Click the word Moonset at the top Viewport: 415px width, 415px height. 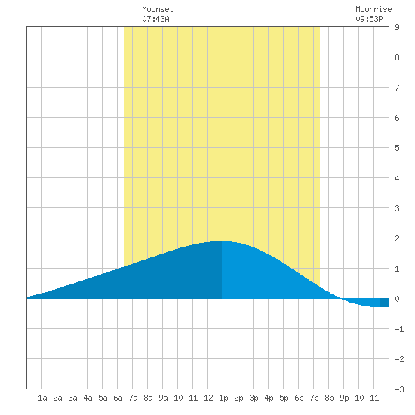(x=158, y=9)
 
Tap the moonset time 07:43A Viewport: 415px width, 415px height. (x=155, y=19)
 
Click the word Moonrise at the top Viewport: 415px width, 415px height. (x=373, y=9)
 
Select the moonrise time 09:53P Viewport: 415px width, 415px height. (x=369, y=19)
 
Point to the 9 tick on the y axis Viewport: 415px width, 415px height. (x=397, y=27)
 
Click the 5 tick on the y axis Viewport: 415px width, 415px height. (x=397, y=148)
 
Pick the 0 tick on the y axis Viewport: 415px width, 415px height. (x=397, y=299)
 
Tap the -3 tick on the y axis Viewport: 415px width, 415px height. (x=399, y=389)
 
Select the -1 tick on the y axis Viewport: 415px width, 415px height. (x=399, y=329)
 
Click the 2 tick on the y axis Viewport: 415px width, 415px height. (x=397, y=238)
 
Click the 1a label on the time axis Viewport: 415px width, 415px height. (x=42, y=398)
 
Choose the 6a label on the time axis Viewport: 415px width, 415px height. (x=118, y=398)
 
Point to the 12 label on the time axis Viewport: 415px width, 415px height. (x=208, y=398)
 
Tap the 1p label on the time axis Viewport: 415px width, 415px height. (x=223, y=398)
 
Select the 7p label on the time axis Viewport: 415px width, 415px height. (x=314, y=398)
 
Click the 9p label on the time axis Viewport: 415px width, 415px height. (x=344, y=398)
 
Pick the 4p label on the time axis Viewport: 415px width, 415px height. (x=269, y=398)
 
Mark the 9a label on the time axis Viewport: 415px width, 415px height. (x=163, y=398)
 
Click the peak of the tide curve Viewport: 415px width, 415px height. (x=221, y=241)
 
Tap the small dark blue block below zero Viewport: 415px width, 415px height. (x=384, y=303)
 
